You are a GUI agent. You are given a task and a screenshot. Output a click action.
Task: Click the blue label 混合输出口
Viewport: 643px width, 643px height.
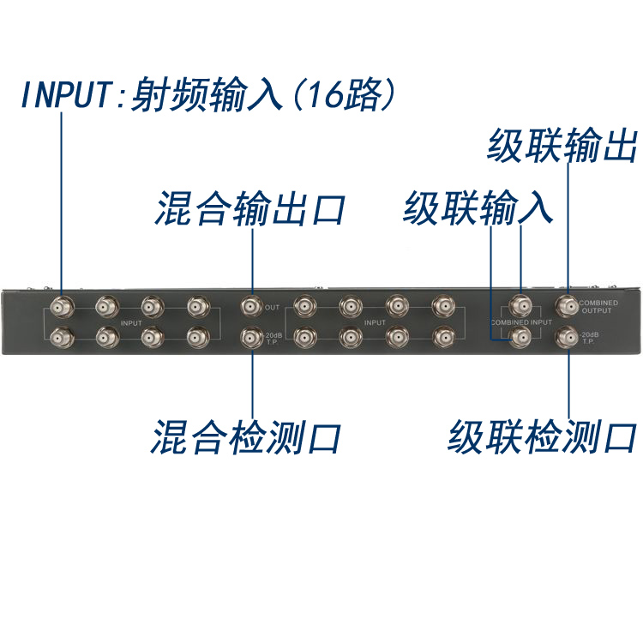pyautogui.click(x=249, y=208)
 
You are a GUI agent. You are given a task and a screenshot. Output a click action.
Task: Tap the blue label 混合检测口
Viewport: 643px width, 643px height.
pyautogui.click(x=246, y=437)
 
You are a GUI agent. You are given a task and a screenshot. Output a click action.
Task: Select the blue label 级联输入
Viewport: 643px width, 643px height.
pyautogui.click(x=478, y=208)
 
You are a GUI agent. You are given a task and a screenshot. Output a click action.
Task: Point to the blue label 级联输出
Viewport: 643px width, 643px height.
pyautogui.click(x=562, y=145)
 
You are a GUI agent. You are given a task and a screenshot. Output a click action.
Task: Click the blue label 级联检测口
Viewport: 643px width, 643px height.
pyautogui.click(x=542, y=437)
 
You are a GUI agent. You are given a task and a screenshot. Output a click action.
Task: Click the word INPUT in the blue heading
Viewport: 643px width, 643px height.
pyautogui.click(x=64, y=94)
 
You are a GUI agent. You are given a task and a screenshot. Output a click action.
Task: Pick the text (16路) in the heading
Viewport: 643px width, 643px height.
pyautogui.click(x=340, y=94)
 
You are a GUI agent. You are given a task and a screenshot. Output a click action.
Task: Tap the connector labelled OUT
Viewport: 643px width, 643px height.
pyautogui.click(x=251, y=306)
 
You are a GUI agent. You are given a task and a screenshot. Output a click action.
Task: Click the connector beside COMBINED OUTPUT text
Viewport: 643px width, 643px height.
pyautogui.click(x=566, y=305)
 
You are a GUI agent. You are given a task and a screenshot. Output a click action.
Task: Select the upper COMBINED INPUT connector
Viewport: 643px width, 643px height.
pyautogui.click(x=520, y=305)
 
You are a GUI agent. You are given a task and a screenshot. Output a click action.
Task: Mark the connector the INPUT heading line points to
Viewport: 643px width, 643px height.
pyautogui.click(x=62, y=306)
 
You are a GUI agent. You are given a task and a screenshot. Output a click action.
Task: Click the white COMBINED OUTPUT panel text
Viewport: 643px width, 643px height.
pyautogui.click(x=598, y=307)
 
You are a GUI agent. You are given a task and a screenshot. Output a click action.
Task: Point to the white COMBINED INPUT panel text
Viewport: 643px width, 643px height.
pyautogui.click(x=521, y=321)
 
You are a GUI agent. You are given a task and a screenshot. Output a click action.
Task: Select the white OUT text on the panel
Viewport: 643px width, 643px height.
pyautogui.click(x=273, y=307)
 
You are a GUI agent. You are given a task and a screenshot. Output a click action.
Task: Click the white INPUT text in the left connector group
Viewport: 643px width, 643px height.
pyautogui.click(x=131, y=322)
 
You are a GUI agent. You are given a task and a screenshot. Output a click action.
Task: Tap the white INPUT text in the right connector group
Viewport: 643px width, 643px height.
pyautogui.click(x=375, y=322)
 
